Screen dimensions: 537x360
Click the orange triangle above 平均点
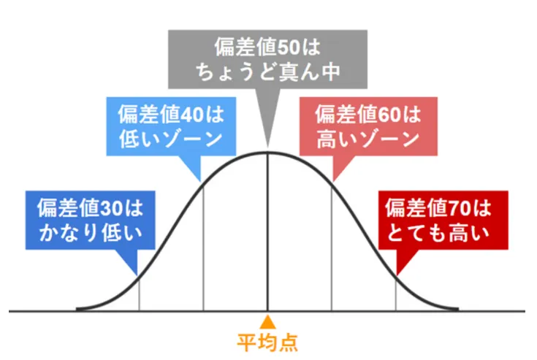click(x=268, y=321)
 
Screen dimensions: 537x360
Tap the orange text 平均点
click(x=268, y=342)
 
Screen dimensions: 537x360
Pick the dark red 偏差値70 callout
click(x=448, y=221)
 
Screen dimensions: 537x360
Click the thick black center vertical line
click(x=268, y=234)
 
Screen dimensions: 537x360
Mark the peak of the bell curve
click(x=268, y=153)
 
